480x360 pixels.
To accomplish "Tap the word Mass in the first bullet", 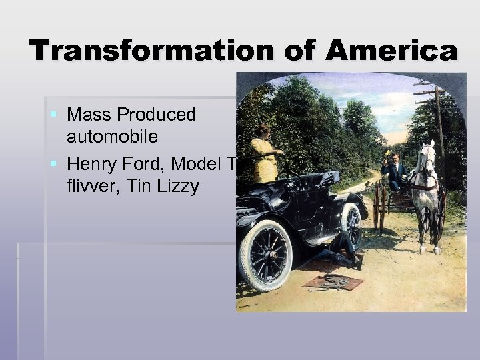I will [89, 115].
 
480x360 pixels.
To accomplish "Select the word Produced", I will [156, 115].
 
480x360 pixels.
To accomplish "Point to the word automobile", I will [112, 137].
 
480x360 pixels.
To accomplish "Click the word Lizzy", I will [177, 186].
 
